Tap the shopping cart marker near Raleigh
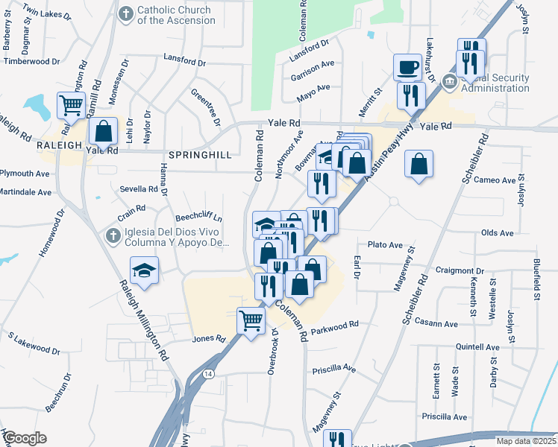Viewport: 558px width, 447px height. tap(71, 107)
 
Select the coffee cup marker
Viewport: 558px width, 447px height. tap(407, 67)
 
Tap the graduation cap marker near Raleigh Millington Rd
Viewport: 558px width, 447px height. tap(145, 270)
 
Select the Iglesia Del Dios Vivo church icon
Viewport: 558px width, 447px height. tap(113, 236)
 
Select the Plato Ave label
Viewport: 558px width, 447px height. tap(385, 244)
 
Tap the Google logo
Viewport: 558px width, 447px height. tap(25, 437)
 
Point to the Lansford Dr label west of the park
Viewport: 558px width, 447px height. tap(184, 57)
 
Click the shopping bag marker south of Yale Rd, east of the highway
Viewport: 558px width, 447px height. tap(418, 164)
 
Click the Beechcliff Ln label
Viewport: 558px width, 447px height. tap(199, 218)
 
